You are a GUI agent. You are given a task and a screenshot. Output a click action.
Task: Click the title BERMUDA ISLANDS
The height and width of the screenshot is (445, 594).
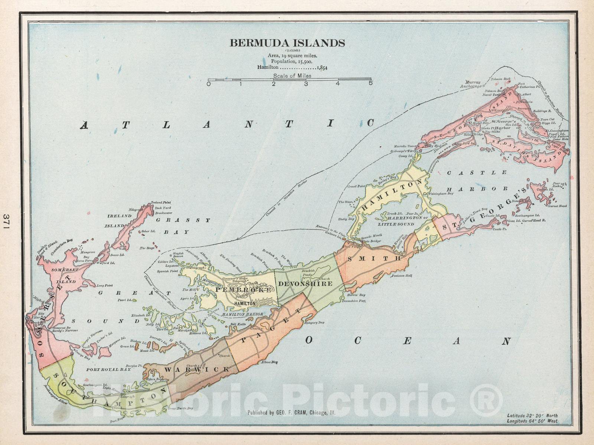click(x=287, y=43)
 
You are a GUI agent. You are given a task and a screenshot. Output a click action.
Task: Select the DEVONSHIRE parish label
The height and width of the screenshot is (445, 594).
click(x=305, y=284)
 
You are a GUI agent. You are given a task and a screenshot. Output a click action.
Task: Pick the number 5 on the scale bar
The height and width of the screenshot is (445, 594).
click(x=370, y=84)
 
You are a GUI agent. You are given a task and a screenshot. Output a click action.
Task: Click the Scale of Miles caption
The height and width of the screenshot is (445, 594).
click(x=292, y=75)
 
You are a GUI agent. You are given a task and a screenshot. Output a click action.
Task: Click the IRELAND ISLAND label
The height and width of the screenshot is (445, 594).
click(x=119, y=220)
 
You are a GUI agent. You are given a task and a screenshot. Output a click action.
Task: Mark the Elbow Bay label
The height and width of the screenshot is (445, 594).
click(x=269, y=362)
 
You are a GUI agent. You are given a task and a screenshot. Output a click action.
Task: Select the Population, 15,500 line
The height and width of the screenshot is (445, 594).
click(x=292, y=61)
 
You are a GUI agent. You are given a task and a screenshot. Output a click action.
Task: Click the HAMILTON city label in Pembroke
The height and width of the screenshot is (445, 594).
click(x=245, y=303)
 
